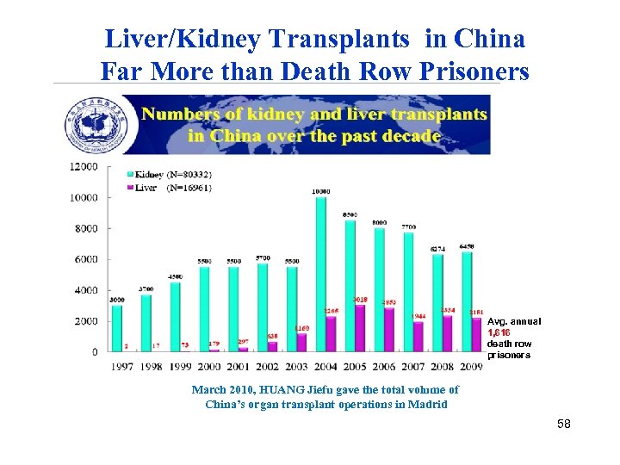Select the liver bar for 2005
coord(360,328)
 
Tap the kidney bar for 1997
coord(117,328)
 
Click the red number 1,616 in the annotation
coord(499,332)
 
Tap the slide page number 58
coord(564,425)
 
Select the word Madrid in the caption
coord(427,405)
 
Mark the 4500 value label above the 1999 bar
coord(175,276)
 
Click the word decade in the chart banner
coord(412,136)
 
